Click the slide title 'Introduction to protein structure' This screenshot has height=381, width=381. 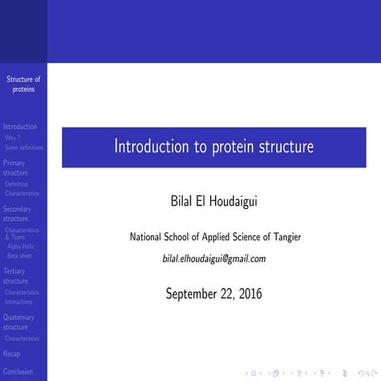(x=214, y=147)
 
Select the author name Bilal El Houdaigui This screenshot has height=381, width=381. (x=214, y=202)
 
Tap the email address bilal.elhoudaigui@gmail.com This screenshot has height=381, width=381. (x=214, y=259)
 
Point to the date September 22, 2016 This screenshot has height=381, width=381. (x=214, y=294)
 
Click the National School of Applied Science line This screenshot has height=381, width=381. (x=214, y=237)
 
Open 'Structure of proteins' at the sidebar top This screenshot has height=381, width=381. (x=23, y=83)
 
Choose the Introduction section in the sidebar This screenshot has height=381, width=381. (x=20, y=126)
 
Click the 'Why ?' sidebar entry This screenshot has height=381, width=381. (x=13, y=137)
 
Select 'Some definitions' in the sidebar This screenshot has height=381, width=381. (x=24, y=147)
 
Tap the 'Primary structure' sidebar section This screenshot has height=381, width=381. (x=16, y=167)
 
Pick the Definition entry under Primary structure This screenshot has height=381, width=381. (x=17, y=183)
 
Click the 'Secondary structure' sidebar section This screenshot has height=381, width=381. (x=17, y=214)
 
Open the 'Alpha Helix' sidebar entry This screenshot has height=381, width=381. (x=21, y=246)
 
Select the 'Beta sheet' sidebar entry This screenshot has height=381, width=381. (x=20, y=256)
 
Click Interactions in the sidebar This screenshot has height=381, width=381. (x=19, y=302)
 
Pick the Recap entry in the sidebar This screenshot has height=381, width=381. (x=12, y=354)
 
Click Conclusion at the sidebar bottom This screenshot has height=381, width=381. (x=17, y=371)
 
